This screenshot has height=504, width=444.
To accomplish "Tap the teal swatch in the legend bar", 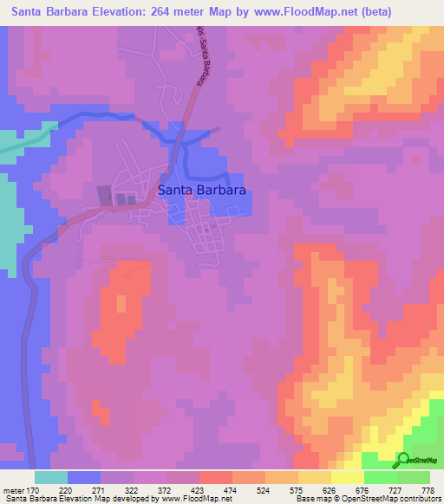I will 51,477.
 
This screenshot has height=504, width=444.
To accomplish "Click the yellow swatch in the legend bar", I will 348,477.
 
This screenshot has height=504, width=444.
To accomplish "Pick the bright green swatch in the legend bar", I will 381,477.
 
